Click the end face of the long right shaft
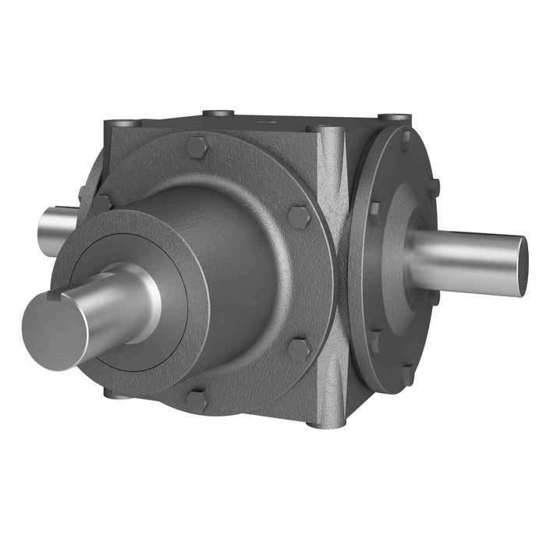coord(523,265)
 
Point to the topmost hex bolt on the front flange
coord(197,147)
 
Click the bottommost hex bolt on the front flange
coord(196,402)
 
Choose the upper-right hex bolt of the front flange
coord(298,216)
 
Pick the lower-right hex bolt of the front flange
coord(299,349)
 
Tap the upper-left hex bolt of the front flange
coord(101,204)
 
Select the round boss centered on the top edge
coord(218,113)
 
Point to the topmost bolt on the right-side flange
coord(405,136)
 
